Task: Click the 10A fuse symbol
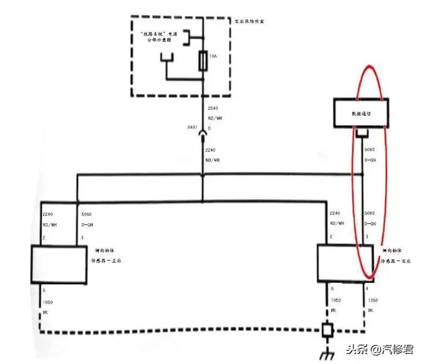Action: [x=203, y=62]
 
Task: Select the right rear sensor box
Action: [x=346, y=263]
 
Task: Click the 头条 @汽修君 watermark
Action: [x=379, y=350]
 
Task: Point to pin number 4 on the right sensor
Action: [x=367, y=289]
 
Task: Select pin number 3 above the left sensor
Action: [x=82, y=238]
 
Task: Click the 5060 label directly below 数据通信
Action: [x=369, y=150]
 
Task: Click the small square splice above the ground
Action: [x=326, y=330]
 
